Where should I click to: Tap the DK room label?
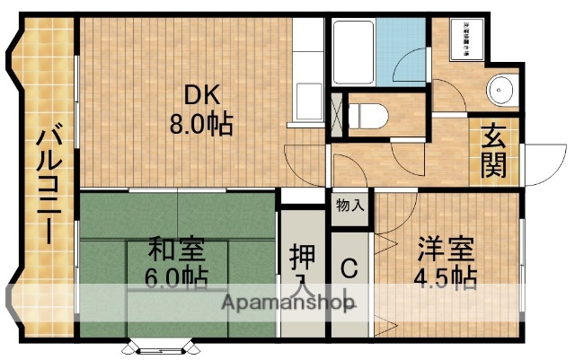coord(201,94)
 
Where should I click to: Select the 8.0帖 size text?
coord(201,122)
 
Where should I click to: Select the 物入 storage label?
coord(350,206)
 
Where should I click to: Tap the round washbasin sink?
coord(499,89)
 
